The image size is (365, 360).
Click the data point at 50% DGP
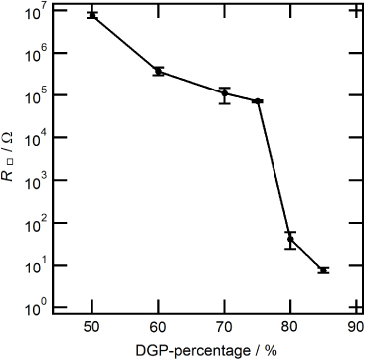click(x=92, y=15)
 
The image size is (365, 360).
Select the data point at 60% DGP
click(x=158, y=71)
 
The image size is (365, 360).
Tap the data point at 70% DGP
click(x=225, y=94)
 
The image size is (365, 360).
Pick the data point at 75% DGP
click(x=258, y=101)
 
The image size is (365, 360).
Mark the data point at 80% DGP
click(x=290, y=239)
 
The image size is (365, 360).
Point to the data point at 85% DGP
click(x=323, y=270)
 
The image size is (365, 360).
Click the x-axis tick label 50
click(x=92, y=325)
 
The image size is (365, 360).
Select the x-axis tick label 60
click(x=158, y=325)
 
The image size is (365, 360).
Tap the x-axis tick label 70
click(x=225, y=325)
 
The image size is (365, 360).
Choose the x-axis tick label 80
click(x=290, y=325)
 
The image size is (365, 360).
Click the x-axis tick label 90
click(x=354, y=325)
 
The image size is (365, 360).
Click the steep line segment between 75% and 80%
click(x=274, y=169)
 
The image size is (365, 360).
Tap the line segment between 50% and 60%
click(x=125, y=43)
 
